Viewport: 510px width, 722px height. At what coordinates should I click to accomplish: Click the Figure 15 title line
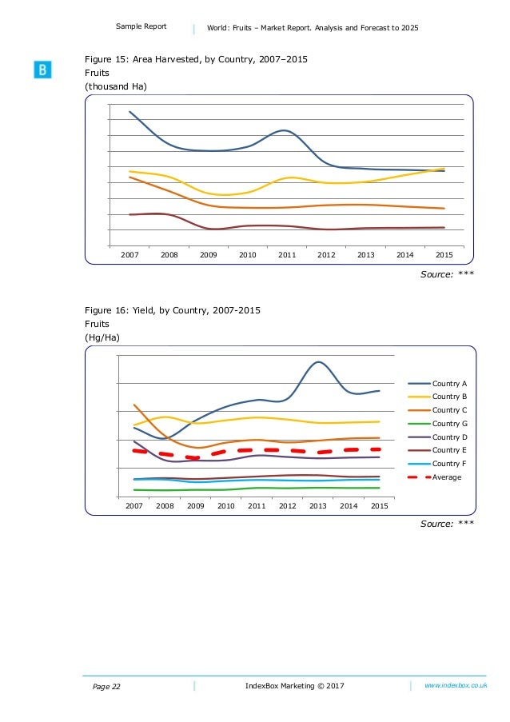(x=196, y=60)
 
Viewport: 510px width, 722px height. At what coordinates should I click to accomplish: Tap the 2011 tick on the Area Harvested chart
(x=287, y=254)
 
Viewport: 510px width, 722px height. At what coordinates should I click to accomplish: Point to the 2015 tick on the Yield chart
(x=380, y=506)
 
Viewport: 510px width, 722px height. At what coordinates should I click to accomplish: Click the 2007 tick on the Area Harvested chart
(x=129, y=254)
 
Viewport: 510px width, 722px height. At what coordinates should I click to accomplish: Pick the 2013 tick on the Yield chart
(x=318, y=506)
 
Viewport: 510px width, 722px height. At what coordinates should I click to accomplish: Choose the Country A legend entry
(x=449, y=384)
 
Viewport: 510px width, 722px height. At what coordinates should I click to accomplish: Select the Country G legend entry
(x=449, y=424)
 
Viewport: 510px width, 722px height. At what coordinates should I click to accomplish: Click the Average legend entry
(x=447, y=477)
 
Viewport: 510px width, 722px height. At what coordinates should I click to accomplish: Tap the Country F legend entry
(x=449, y=464)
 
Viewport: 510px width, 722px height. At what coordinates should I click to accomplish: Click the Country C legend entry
(x=449, y=410)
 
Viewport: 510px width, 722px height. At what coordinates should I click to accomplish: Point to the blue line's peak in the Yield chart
(x=318, y=362)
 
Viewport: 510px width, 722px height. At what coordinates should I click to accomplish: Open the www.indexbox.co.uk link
(x=456, y=686)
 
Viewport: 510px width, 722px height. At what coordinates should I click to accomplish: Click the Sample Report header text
(x=141, y=26)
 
